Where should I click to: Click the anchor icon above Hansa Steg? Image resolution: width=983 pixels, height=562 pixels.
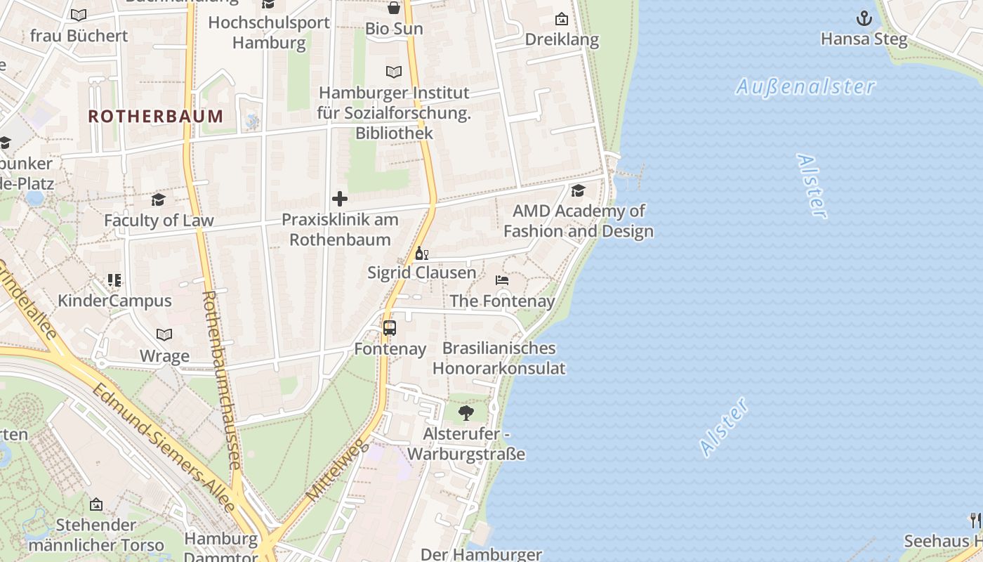pyautogui.click(x=864, y=18)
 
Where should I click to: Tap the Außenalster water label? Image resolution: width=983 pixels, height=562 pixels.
pyautogui.click(x=805, y=86)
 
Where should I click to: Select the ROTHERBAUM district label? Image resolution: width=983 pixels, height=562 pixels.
pyautogui.click(x=156, y=116)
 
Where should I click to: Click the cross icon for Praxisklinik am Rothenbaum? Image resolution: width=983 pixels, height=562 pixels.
pyautogui.click(x=340, y=199)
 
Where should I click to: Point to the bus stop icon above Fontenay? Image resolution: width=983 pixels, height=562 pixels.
pyautogui.click(x=390, y=327)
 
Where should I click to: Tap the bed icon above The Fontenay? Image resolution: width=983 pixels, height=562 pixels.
pyautogui.click(x=502, y=280)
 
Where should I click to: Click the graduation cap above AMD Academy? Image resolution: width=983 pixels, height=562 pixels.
pyautogui.click(x=578, y=190)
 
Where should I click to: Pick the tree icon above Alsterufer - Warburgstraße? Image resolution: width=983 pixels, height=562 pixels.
pyautogui.click(x=466, y=412)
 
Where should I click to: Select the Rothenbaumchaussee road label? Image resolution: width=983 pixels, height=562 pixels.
pyautogui.click(x=222, y=379)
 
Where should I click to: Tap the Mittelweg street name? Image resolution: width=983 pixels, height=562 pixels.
pyautogui.click(x=338, y=470)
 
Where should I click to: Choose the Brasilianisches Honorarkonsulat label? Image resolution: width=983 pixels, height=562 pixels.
pyautogui.click(x=499, y=358)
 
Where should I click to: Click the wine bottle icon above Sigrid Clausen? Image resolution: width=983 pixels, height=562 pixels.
pyautogui.click(x=421, y=253)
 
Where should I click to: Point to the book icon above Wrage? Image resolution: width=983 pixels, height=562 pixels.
pyautogui.click(x=164, y=335)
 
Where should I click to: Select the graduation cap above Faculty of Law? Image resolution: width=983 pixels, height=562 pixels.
pyautogui.click(x=158, y=200)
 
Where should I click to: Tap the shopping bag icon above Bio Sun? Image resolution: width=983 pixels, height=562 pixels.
pyautogui.click(x=394, y=8)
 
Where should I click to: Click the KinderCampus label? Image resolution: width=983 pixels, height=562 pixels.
pyautogui.click(x=114, y=301)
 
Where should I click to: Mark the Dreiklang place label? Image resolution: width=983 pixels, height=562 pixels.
pyautogui.click(x=562, y=39)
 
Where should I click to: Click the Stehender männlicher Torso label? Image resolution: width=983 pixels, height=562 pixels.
pyautogui.click(x=96, y=535)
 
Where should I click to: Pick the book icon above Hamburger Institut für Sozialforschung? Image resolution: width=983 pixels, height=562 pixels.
pyautogui.click(x=394, y=72)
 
